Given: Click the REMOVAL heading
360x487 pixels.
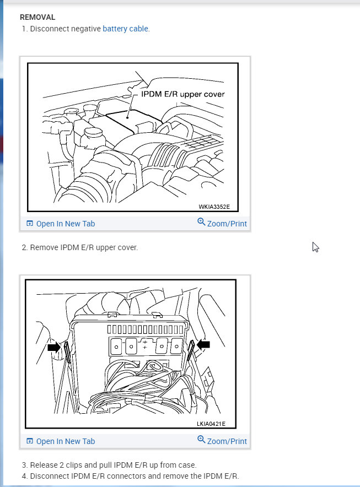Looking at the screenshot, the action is (x=37, y=17).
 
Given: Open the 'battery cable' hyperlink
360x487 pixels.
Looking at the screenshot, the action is (x=125, y=29).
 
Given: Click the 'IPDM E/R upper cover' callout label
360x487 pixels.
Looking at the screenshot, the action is (x=183, y=94).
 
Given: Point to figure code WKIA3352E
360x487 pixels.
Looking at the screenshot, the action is (x=214, y=207).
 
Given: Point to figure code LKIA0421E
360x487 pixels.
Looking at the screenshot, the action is (x=211, y=424).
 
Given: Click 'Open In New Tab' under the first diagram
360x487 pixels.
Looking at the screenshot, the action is (x=65, y=224).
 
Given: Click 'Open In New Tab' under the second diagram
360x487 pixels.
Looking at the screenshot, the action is (x=65, y=441).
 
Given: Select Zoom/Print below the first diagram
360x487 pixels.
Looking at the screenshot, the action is (x=227, y=224).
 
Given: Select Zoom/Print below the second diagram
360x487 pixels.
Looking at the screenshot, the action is (x=227, y=441).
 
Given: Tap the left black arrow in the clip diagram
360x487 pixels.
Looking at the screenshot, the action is (x=54, y=347).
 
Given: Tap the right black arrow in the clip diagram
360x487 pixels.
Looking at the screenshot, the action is (x=203, y=344).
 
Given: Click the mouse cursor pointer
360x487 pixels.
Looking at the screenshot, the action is (x=315, y=247).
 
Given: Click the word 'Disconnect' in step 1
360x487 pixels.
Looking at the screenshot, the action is (x=50, y=29).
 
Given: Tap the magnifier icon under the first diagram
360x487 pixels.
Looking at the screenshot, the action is (x=201, y=222).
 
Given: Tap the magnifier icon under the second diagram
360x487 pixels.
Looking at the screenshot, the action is (x=201, y=440).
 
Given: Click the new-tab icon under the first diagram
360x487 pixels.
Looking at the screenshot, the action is (x=30, y=223).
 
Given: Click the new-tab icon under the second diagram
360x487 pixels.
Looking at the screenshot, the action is (x=30, y=441).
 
